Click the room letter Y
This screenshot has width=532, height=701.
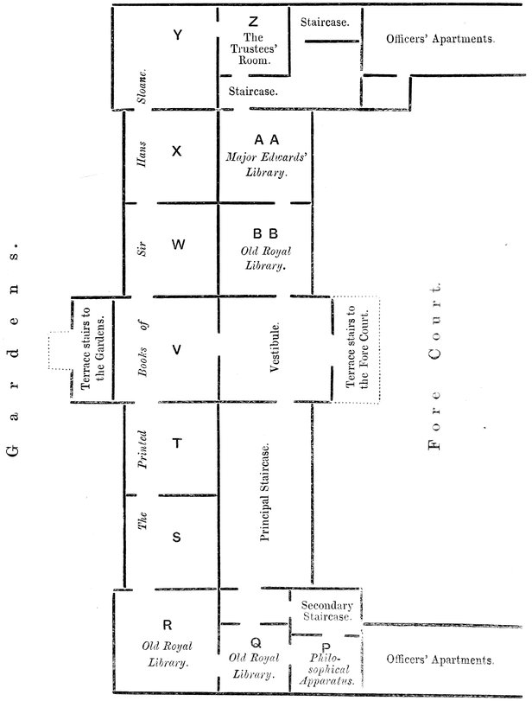pyautogui.click(x=177, y=35)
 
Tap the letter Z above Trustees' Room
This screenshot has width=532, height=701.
pyautogui.click(x=253, y=22)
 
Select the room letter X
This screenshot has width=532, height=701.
pyautogui.click(x=177, y=151)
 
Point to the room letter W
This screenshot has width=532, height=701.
pyautogui.click(x=178, y=245)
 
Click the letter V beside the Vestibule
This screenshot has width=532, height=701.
pyautogui.click(x=177, y=349)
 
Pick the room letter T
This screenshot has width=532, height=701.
pyautogui.click(x=177, y=443)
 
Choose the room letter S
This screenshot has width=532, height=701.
pyautogui.click(x=176, y=537)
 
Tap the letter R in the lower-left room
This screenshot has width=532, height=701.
pyautogui.click(x=168, y=625)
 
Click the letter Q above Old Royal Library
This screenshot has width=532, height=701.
pyautogui.click(x=256, y=643)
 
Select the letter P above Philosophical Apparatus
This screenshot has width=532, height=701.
pyautogui.click(x=326, y=647)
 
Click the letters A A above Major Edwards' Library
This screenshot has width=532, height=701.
pyautogui.click(x=267, y=140)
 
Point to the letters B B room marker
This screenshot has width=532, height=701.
pyautogui.click(x=265, y=233)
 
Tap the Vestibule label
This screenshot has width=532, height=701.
pyautogui.click(x=275, y=347)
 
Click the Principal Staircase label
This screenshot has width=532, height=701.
pyautogui.click(x=265, y=493)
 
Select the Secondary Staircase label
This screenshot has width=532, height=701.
pyautogui.click(x=327, y=611)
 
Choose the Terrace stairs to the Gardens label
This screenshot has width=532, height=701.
pyautogui.click(x=93, y=348)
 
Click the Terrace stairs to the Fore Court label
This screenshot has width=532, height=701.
pyautogui.click(x=358, y=347)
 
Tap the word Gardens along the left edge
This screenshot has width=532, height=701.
pyautogui.click(x=14, y=348)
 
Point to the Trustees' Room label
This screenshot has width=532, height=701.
pyautogui.click(x=254, y=48)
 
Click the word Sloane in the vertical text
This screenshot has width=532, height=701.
pyautogui.click(x=142, y=86)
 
